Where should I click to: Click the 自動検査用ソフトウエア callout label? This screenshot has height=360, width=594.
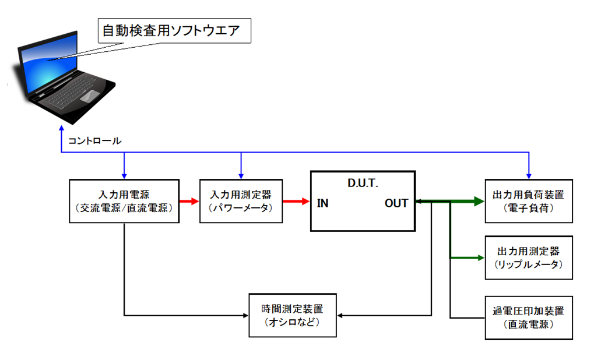(171, 31)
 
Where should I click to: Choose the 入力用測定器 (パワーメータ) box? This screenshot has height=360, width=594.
(241, 202)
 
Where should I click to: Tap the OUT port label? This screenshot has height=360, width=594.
(396, 203)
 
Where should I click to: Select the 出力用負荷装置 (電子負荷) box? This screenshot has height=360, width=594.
(529, 202)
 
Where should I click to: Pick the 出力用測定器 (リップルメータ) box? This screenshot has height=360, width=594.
(529, 257)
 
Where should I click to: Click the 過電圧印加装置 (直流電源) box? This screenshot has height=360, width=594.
(529, 317)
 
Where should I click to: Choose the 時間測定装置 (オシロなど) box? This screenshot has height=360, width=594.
(293, 315)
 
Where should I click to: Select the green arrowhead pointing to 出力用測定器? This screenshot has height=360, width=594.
(481, 257)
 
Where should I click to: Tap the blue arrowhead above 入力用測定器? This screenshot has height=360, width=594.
(241, 175)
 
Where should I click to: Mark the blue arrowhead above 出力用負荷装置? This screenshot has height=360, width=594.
(529, 175)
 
